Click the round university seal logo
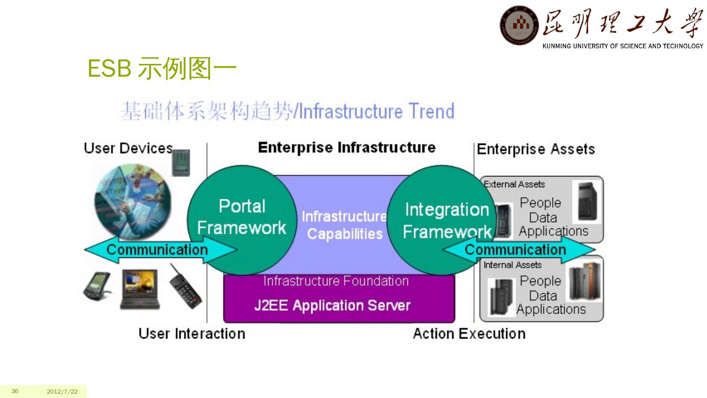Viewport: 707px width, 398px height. click(x=519, y=25)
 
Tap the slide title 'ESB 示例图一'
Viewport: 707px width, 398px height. click(x=162, y=69)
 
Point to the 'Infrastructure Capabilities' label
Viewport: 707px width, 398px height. click(x=344, y=225)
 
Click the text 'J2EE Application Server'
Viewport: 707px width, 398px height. click(x=332, y=306)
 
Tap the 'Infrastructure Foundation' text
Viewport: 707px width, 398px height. click(x=336, y=281)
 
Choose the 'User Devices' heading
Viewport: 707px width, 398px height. click(x=128, y=148)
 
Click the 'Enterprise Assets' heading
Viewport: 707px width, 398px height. click(x=536, y=149)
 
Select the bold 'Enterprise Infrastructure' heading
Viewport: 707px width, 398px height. click(x=347, y=147)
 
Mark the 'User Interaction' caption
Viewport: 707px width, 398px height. click(x=191, y=334)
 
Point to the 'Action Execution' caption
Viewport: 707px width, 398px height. click(x=469, y=334)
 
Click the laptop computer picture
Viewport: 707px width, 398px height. click(x=140, y=288)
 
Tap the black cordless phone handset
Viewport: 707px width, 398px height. click(x=186, y=286)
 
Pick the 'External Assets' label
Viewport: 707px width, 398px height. click(x=514, y=184)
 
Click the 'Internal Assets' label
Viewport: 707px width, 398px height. click(x=513, y=265)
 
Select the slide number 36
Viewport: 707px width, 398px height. click(x=15, y=391)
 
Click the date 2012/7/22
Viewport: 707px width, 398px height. click(x=62, y=392)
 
